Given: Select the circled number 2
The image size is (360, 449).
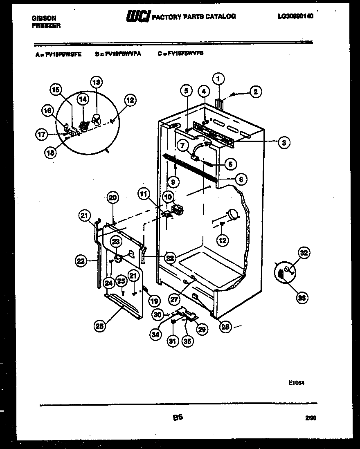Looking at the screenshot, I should click(x=255, y=92).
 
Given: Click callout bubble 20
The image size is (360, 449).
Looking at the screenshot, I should click(x=112, y=198).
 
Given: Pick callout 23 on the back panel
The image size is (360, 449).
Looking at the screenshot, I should click(x=116, y=242).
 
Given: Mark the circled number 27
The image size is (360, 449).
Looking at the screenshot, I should click(x=174, y=299).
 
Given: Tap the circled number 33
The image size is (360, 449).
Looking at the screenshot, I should click(x=301, y=298).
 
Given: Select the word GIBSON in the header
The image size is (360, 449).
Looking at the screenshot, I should click(x=44, y=18).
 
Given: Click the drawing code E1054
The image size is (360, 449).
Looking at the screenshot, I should click(x=296, y=383).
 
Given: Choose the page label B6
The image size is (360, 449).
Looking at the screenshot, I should click(x=177, y=418).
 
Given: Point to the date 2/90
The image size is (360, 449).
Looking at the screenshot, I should click(x=310, y=418).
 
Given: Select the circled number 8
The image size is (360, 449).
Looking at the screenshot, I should click(x=242, y=179).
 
